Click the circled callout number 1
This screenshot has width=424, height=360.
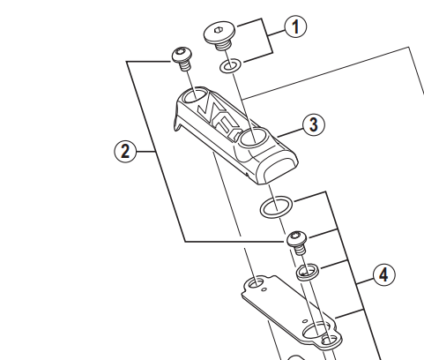click(x=294, y=27)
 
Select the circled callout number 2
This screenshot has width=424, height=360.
click(x=125, y=152)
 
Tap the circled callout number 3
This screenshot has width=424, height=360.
click(x=311, y=124)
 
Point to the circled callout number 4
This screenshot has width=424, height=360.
click(x=382, y=275)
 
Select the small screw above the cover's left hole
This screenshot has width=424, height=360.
click(x=182, y=59)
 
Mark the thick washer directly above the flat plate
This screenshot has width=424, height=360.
click(x=306, y=269)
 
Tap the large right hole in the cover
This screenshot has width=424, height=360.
click(x=251, y=136)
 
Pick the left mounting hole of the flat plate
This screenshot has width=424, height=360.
click(x=254, y=284)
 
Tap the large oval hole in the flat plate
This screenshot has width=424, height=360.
click(x=316, y=333)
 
